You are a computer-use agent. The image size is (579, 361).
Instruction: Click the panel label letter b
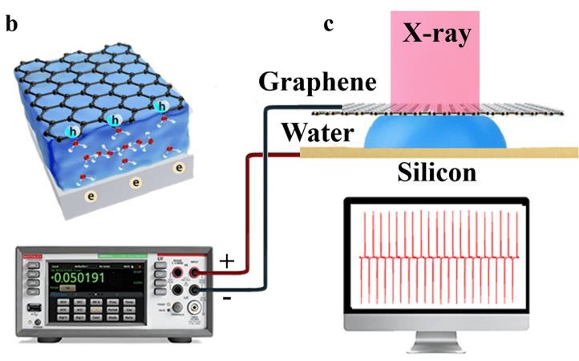[x=12, y=23]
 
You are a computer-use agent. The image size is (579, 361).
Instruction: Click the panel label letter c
[x=328, y=24]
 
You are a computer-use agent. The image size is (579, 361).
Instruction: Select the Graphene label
[x=317, y=82]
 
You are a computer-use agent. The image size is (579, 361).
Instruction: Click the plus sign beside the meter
[x=228, y=262]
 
